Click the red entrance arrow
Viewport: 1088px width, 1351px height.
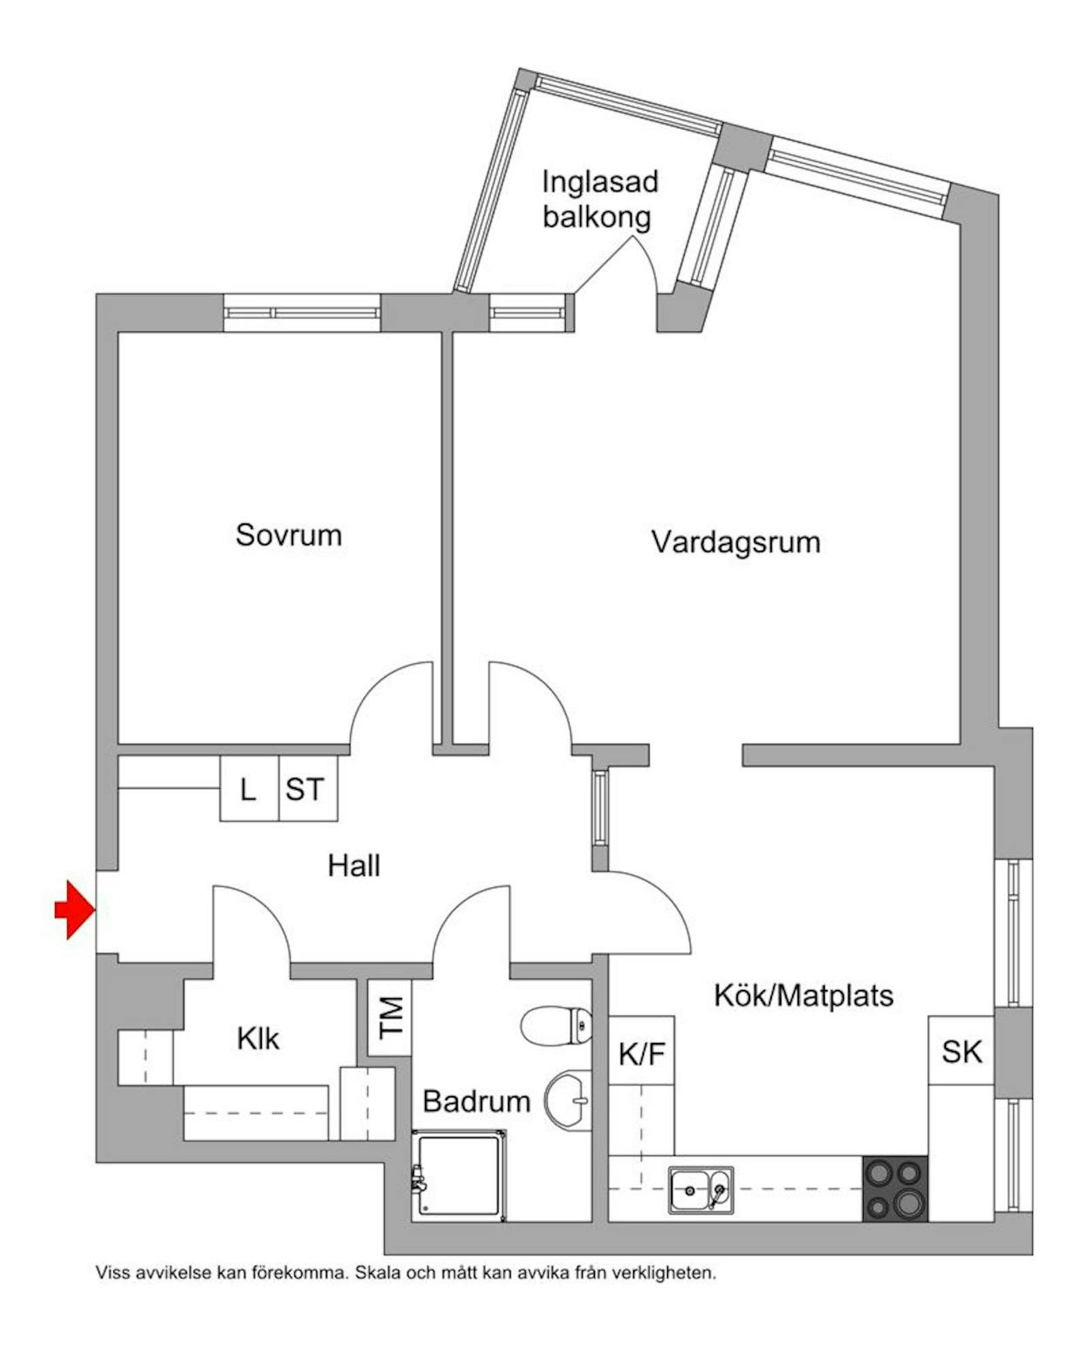coord(74,909)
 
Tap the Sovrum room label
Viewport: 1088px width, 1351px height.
coord(288,535)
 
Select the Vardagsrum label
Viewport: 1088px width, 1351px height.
coord(736,543)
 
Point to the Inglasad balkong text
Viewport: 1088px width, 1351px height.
coord(599,199)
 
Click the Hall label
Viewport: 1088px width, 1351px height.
coord(354,866)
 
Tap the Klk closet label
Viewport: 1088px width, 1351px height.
coord(258,1039)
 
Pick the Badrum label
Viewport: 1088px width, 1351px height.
coord(476,1101)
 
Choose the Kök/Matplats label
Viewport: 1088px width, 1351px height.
coord(803,995)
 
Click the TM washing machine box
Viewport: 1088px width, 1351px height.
coord(390,1017)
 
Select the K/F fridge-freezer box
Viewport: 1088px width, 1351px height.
coord(641,1054)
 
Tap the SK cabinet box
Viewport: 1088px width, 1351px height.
coord(962,1052)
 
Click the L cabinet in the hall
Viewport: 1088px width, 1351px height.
coord(249,789)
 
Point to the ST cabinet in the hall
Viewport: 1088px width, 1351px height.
coord(305,789)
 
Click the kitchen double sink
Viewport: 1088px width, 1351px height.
coord(700,1191)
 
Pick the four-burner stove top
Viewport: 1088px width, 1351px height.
coord(894,1189)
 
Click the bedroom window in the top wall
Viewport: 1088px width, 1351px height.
coord(301,313)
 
